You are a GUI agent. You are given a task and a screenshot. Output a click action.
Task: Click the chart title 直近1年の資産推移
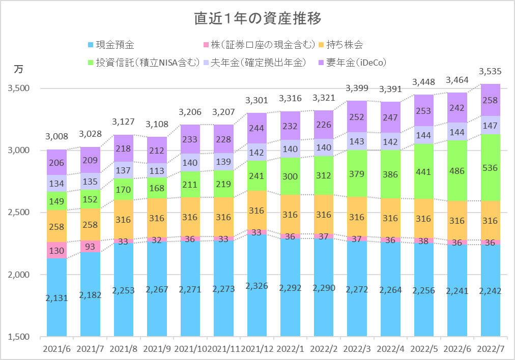point(257,19)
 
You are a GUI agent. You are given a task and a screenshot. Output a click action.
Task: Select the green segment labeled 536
point(490,167)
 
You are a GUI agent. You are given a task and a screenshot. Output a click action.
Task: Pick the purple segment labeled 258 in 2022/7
point(490,100)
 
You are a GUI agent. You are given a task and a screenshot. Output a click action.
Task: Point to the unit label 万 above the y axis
point(18,69)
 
